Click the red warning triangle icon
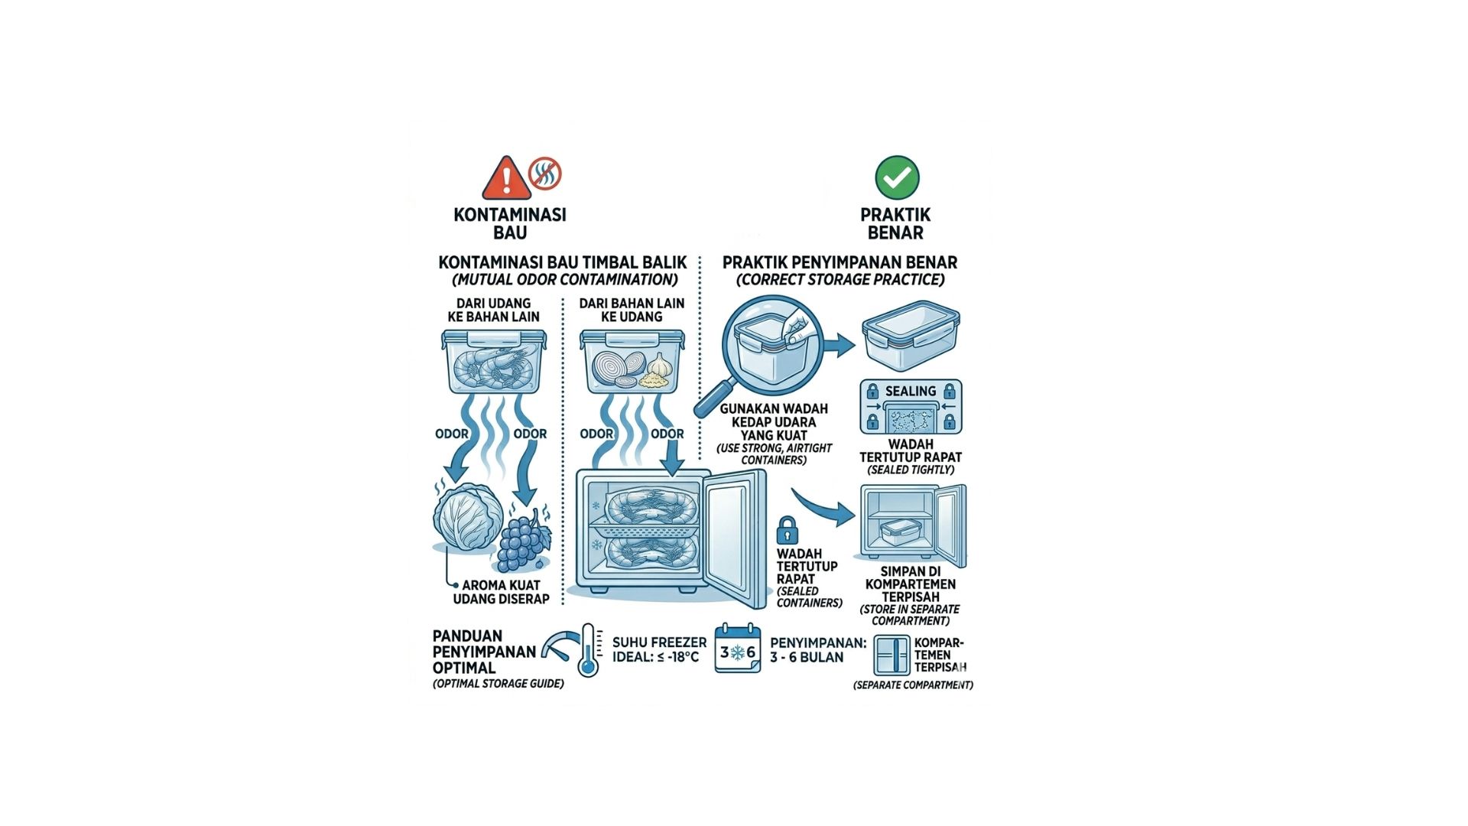tap(505, 179)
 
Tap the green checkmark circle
tap(897, 178)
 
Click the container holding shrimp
tap(494, 361)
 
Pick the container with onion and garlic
tap(632, 362)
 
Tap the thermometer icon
tap(587, 649)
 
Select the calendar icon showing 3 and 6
tap(738, 649)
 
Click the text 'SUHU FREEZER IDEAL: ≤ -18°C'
tap(659, 649)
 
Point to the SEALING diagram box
tap(911, 406)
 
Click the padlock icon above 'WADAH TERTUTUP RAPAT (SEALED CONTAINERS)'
tap(787, 529)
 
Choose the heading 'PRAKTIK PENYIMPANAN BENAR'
tap(840, 262)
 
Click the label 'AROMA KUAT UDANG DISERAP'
tap(501, 592)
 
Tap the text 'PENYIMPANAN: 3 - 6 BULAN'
tap(817, 650)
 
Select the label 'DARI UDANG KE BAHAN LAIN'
tap(493, 310)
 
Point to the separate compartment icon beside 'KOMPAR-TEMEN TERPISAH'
tap(892, 655)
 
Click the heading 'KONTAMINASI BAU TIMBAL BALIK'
tap(563, 262)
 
